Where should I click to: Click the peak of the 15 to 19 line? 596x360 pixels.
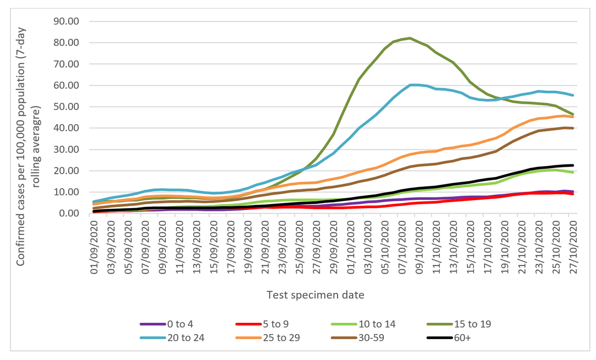pos(410,38)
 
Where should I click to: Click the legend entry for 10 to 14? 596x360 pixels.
pos(362,324)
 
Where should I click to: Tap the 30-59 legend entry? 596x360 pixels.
pos(362,338)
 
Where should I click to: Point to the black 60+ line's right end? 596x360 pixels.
pos(574,165)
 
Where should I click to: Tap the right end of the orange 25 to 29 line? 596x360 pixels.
pos(574,117)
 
